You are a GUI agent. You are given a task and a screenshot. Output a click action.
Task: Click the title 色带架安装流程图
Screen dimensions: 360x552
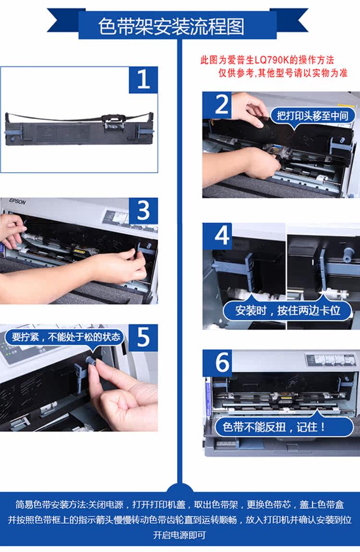(171, 27)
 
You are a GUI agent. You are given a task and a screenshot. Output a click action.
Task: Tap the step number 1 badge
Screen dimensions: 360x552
(143, 80)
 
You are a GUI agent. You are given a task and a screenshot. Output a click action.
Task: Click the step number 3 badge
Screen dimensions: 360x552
(143, 211)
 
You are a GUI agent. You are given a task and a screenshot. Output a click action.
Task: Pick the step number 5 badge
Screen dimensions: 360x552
(143, 337)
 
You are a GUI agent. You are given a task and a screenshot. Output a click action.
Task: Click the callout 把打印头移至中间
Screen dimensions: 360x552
(312, 116)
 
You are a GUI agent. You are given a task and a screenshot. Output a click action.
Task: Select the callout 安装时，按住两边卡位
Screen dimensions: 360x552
(288, 311)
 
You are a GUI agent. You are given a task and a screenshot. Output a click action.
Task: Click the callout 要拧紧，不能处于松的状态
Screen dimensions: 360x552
(66, 337)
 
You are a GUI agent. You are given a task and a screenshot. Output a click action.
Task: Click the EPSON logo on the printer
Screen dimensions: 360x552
(17, 202)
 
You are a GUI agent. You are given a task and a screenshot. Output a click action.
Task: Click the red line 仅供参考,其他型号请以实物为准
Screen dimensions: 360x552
(283, 73)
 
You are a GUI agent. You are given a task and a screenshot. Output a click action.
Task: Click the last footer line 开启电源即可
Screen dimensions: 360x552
(180, 535)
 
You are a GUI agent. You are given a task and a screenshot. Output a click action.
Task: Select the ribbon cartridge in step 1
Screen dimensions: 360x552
(80, 128)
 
